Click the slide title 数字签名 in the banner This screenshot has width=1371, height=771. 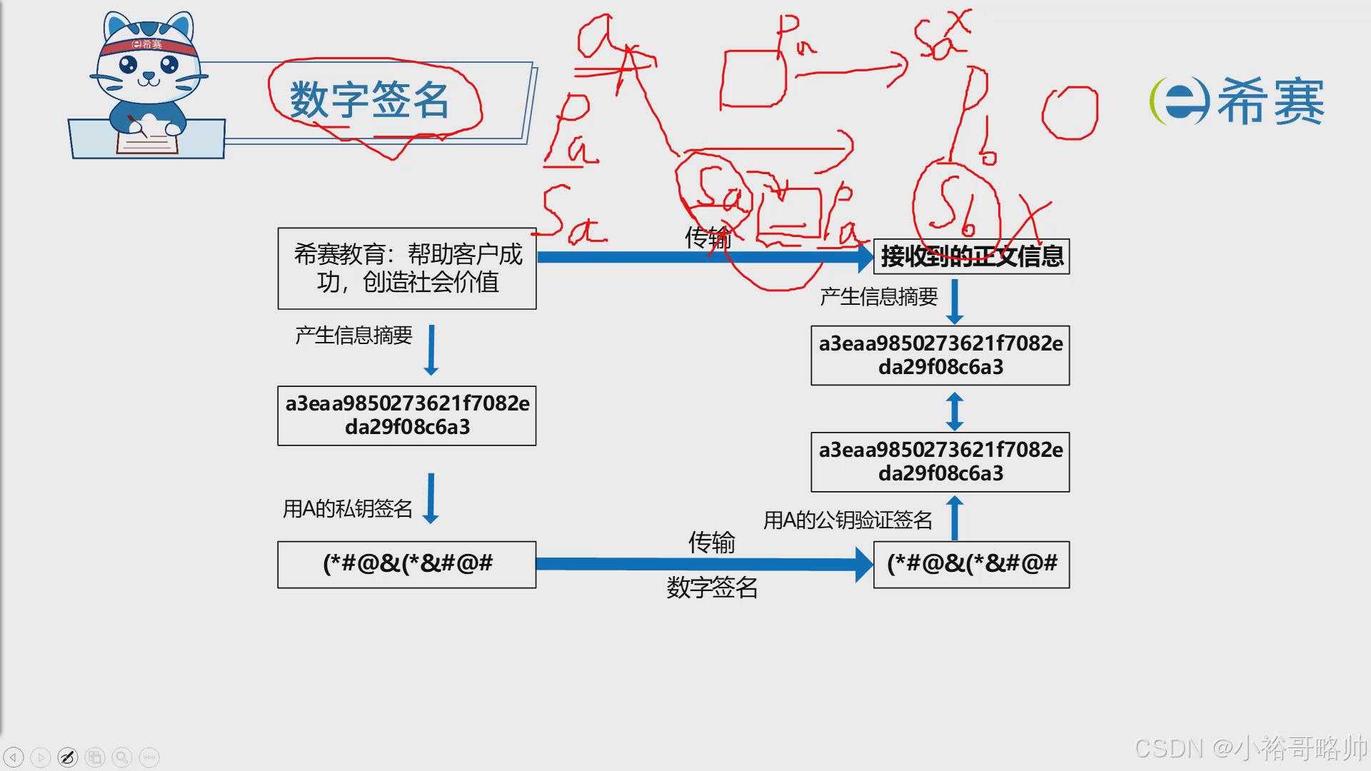point(369,99)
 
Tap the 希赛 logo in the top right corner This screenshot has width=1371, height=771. point(1237,101)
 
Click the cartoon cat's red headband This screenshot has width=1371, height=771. point(146,46)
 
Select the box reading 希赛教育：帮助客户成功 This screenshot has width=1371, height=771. point(407,268)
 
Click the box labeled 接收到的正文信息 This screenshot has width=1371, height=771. point(971,256)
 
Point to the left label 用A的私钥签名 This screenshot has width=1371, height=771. point(348,508)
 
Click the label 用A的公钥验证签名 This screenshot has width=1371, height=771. point(848,520)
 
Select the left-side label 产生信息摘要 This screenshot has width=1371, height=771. point(353,336)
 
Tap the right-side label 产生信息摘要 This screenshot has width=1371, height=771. point(878,297)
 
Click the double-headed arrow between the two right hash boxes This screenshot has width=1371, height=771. point(955,410)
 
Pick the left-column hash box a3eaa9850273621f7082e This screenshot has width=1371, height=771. point(407,415)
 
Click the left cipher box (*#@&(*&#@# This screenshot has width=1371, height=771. point(407,564)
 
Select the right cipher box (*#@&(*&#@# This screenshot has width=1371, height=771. point(971,564)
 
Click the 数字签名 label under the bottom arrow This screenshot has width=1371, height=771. point(712,588)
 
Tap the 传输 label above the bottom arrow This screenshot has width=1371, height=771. point(711,543)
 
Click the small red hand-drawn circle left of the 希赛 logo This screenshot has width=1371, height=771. point(1069,113)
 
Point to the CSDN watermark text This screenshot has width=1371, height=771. point(1250,747)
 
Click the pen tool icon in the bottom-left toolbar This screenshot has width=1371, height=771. point(68,757)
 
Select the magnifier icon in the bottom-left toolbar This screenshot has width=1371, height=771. point(122,757)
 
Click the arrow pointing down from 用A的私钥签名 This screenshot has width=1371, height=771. point(431,498)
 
